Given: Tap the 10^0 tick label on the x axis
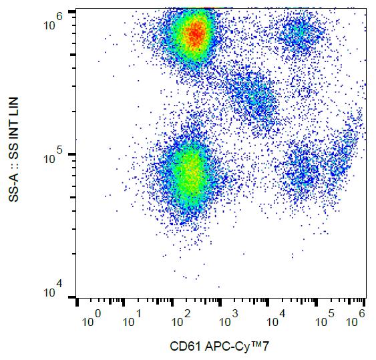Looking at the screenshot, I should pos(91,318).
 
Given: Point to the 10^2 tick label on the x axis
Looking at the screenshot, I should pos(180,318).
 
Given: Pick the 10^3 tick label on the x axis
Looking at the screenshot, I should pos(228,318).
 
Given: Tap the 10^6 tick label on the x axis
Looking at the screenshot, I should pos(357,318).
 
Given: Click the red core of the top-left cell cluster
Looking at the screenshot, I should pos(195,33).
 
